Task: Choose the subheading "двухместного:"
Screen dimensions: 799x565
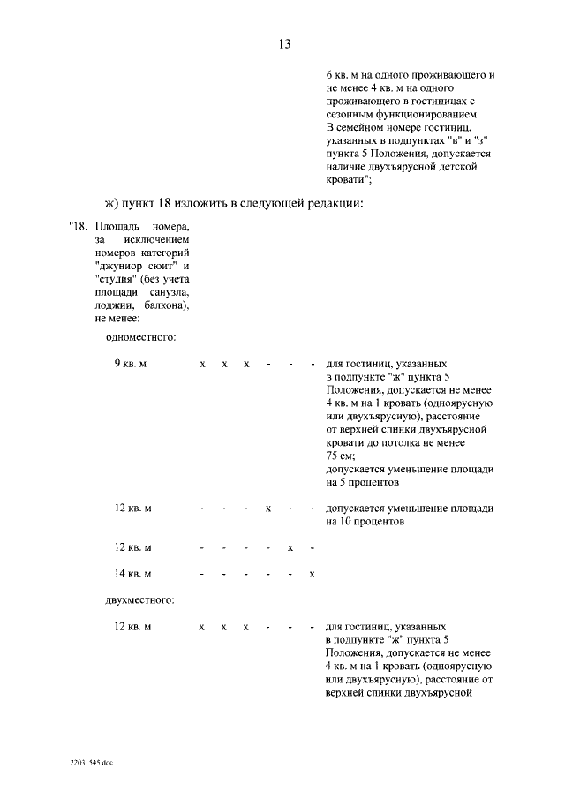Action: (139, 600)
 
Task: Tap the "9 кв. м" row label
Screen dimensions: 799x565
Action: (131, 364)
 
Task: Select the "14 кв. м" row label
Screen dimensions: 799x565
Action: (133, 574)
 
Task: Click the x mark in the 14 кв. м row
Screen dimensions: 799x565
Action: (313, 575)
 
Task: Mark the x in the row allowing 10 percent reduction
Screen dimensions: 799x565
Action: (268, 509)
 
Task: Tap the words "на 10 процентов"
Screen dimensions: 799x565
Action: (365, 522)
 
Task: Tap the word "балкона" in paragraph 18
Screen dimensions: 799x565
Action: (162, 305)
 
